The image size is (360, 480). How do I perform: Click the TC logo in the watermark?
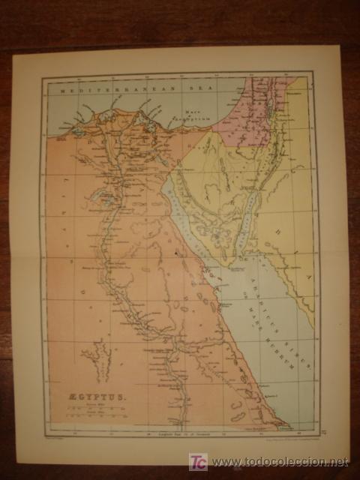(x=197, y=461)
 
